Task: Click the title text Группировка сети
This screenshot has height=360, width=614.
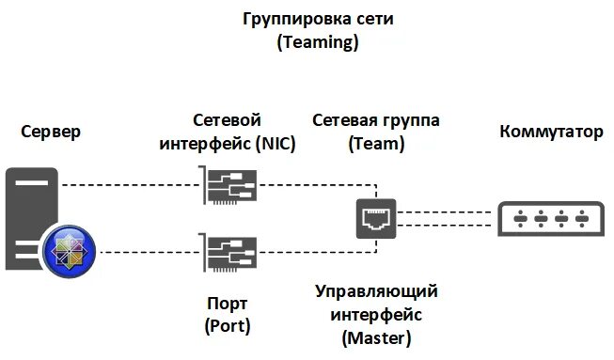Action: coord(306,19)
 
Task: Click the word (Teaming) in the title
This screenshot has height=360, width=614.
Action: coord(307,42)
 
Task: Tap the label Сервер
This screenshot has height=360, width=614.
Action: coord(50,132)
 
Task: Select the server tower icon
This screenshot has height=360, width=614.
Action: coord(33,219)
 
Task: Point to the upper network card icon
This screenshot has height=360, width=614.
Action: coord(227,185)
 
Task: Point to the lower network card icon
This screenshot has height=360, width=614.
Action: coord(227,253)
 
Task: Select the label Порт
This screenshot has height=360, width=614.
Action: coord(226,303)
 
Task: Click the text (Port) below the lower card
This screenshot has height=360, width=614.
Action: coord(226,325)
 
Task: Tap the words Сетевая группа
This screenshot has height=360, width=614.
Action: coord(376,121)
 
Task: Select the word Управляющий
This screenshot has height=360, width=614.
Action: coord(376,291)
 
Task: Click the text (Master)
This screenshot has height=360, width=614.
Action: coord(376,336)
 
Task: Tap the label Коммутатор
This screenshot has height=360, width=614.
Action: coord(552,132)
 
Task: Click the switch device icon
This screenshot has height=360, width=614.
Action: coord(551,218)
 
